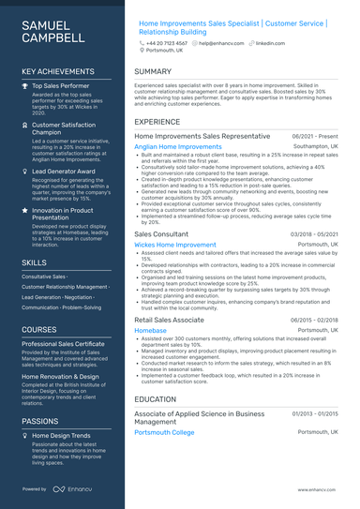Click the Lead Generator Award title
coord(64,172)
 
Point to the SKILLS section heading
coord(35,262)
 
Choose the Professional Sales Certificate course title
coord(63,344)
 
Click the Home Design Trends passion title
coord(61,436)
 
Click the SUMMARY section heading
coord(153,71)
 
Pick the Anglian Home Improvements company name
coord(178,147)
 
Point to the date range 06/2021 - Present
coord(315,136)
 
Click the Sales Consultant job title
coord(162,233)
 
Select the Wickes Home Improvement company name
coord(175,245)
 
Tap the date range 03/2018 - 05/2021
coord(314,233)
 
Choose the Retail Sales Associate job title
coord(169,320)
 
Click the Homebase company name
coord(151,331)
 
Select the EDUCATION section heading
coord(156,398)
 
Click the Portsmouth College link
coord(164,432)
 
